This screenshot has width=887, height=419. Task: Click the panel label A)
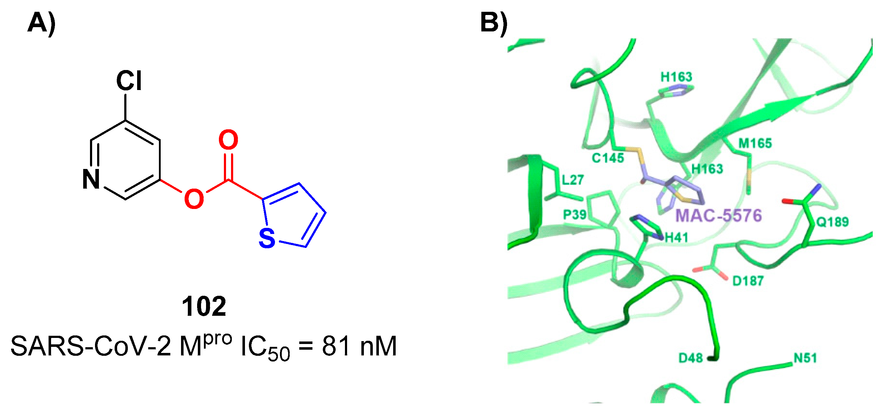click(41, 23)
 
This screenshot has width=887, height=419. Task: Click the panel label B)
click(494, 23)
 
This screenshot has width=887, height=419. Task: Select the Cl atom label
click(129, 81)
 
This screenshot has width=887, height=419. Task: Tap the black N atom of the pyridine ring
click(91, 179)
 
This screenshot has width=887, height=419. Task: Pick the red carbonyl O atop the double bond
click(228, 140)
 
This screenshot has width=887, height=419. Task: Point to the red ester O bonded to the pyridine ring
click(194, 199)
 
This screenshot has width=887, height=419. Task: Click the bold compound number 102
click(204, 306)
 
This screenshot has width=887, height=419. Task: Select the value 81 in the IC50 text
click(336, 346)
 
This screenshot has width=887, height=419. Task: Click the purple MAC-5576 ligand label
click(718, 216)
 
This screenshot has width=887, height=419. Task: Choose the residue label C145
click(608, 158)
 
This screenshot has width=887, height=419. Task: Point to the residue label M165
click(755, 144)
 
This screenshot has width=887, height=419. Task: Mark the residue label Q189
click(832, 222)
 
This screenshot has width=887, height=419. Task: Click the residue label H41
click(676, 237)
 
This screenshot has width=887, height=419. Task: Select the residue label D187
click(748, 281)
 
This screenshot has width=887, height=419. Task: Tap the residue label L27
click(573, 180)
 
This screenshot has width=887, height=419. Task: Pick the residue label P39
click(575, 215)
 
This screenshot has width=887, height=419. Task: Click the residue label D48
click(691, 358)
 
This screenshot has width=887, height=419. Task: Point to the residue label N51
click(805, 358)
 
